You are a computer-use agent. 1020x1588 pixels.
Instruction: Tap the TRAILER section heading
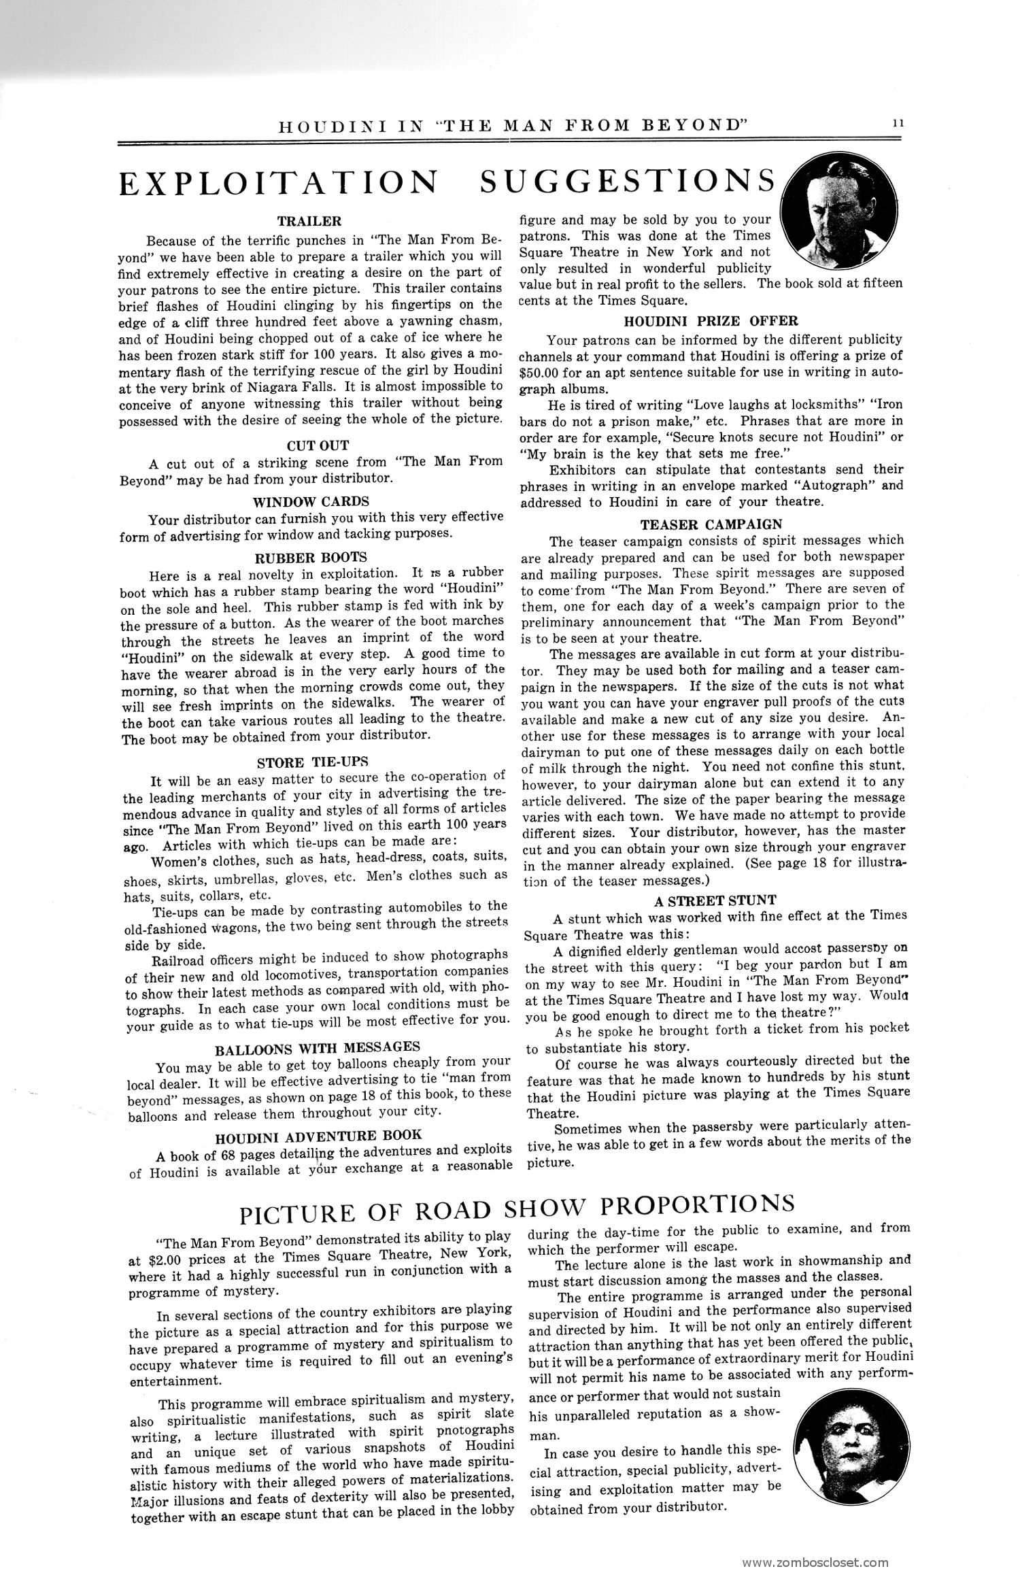309,221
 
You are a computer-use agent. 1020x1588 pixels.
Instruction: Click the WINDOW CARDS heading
311,502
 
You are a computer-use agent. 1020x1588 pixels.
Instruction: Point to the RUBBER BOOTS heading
310,559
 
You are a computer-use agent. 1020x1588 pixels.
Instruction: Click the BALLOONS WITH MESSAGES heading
318,1045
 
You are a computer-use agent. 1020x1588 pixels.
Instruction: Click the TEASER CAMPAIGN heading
711,524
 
